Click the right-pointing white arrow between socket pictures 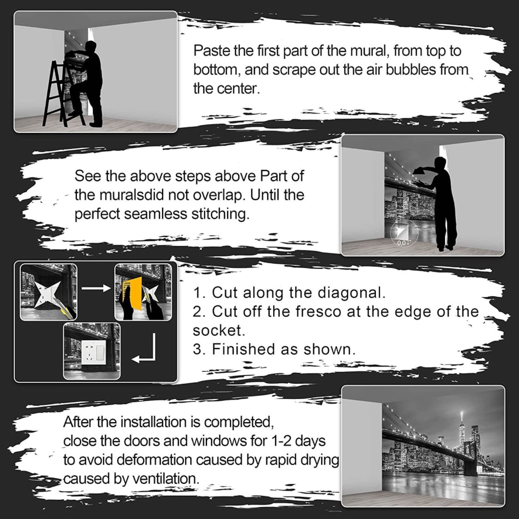(x=96, y=288)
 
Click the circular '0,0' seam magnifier (x=404, y=233)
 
